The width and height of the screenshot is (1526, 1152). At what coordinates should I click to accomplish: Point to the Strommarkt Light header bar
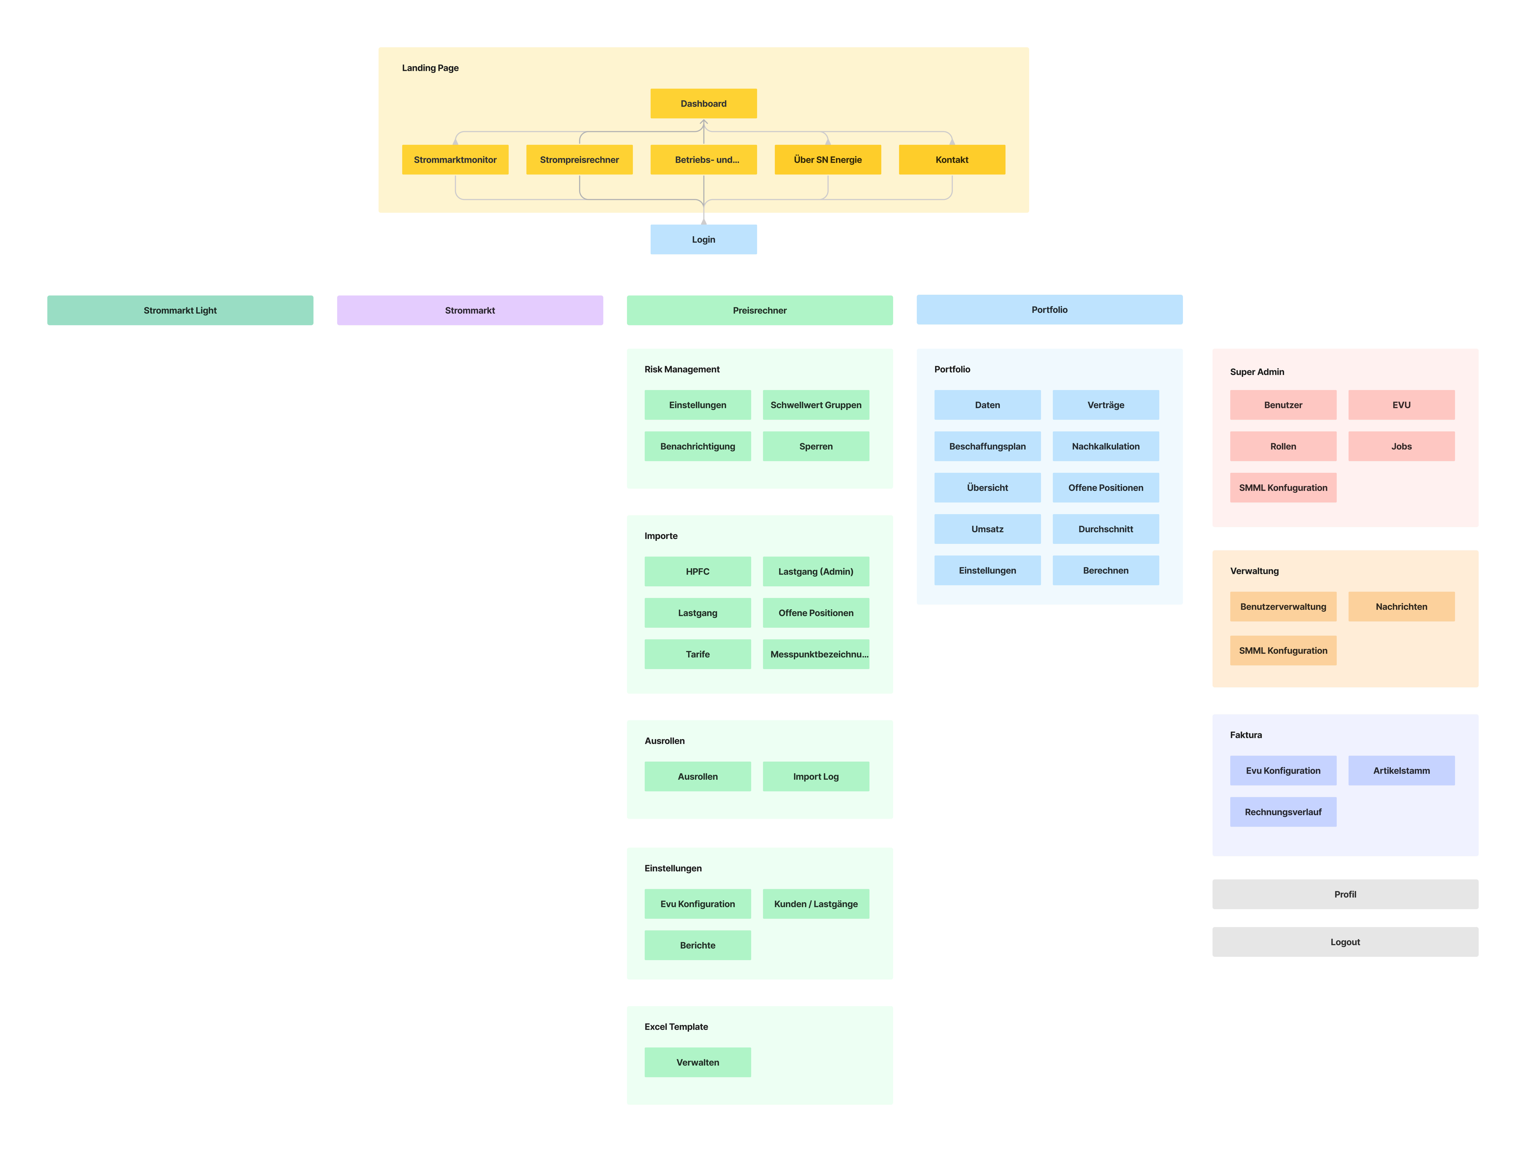(180, 310)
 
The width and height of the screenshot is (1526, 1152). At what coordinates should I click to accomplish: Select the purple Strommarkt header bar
(470, 310)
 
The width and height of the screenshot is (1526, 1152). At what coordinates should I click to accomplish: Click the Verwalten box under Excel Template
(697, 1062)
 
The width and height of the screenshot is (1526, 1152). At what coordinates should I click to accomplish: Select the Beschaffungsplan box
(987, 446)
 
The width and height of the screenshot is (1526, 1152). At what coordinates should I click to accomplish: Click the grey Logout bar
(1345, 942)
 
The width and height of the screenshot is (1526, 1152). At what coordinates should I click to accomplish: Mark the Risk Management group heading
(682, 370)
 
